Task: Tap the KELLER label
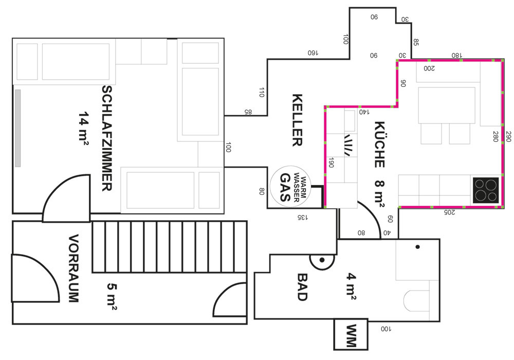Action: [x=297, y=120]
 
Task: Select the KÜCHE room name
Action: [x=380, y=145]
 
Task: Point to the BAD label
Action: [x=302, y=286]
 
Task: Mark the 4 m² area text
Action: [x=352, y=284]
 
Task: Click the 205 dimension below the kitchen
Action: [x=449, y=211]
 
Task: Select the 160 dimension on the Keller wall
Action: [x=313, y=52]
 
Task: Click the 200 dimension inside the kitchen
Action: [x=429, y=68]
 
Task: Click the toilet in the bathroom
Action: [x=416, y=301]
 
